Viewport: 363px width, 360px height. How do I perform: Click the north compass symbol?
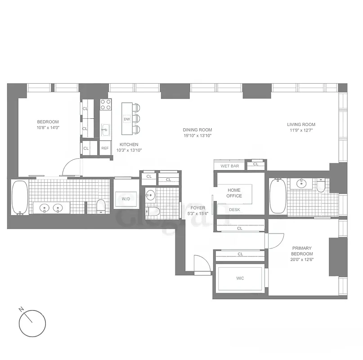pos(32,323)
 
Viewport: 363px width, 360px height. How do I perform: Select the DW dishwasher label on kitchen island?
pos(127,119)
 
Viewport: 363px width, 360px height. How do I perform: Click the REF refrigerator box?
pos(105,148)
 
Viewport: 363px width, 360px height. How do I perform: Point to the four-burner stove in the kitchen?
pos(105,104)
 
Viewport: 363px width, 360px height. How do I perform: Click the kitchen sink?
pos(105,130)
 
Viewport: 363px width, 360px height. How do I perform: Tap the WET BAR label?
pos(229,166)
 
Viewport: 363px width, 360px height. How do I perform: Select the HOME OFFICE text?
pos(234,193)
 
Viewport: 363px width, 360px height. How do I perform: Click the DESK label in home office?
pos(234,210)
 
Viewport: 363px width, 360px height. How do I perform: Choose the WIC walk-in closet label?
pos(240,279)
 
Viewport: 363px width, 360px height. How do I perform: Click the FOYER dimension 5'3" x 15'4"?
pos(197,214)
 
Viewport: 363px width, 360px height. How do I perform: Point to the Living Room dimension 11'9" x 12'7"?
pos(301,131)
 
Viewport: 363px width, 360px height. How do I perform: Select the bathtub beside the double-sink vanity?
pos(20,197)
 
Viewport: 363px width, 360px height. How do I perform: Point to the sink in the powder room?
pos(151,195)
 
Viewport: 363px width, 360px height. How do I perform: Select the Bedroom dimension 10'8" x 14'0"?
pos(48,128)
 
